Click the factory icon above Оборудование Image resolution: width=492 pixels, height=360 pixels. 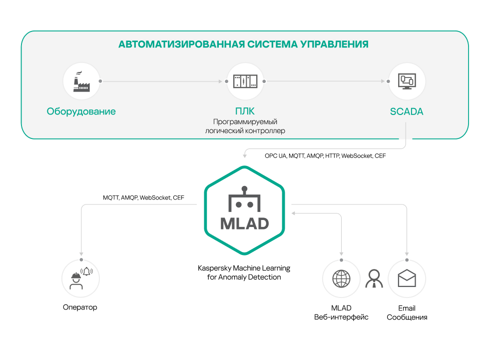(81, 81)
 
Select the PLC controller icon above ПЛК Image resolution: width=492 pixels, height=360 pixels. (245, 81)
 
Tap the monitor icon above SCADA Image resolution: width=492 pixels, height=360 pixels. (407, 81)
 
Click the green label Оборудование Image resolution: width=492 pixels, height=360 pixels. (81, 111)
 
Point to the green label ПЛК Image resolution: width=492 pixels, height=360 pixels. (245, 111)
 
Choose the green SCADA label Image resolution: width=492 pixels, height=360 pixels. (407, 111)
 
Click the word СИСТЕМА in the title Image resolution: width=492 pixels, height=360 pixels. (272, 44)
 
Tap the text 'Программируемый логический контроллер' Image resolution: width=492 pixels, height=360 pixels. (245, 126)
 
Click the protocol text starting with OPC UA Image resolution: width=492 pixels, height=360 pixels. (325, 156)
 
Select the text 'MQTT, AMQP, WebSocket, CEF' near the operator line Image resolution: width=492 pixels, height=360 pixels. (143, 197)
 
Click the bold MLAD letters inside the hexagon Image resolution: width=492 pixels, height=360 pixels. (245, 223)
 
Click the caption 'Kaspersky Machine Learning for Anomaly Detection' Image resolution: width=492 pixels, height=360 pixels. (244, 272)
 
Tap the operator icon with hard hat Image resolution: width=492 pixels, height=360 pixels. (81, 278)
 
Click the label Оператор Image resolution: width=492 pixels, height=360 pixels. (80, 307)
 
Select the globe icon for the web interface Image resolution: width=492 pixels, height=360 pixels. (341, 278)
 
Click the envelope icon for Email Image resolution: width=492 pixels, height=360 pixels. (407, 278)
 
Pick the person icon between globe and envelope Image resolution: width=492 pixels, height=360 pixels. (374, 278)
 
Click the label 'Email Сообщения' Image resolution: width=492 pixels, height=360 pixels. (407, 313)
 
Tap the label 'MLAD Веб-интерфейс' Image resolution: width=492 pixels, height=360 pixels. (341, 312)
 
